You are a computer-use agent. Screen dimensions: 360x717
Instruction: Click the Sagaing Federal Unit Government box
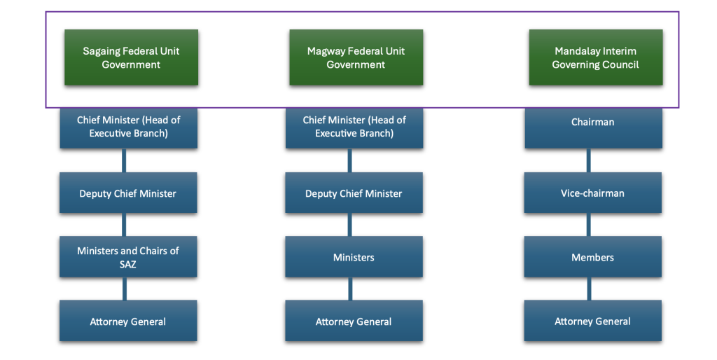(x=131, y=57)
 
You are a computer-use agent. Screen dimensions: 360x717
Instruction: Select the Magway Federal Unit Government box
(x=356, y=57)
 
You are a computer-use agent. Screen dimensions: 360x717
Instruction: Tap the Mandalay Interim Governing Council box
(x=595, y=57)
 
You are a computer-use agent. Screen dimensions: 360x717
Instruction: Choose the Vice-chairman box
(x=592, y=193)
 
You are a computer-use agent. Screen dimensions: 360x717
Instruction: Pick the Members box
(x=592, y=257)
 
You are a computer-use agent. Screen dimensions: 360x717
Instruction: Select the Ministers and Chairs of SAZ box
(x=128, y=257)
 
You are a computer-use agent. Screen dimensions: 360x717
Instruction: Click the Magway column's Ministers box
(x=354, y=257)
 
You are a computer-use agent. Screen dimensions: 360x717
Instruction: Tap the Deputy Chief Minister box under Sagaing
(x=128, y=193)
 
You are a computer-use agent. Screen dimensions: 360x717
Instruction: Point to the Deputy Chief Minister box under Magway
(x=354, y=193)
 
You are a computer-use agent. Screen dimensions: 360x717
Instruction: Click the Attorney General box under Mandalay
(x=592, y=321)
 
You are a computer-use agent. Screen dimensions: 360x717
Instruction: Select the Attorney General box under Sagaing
(x=128, y=321)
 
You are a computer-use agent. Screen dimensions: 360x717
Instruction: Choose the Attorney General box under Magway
(x=354, y=321)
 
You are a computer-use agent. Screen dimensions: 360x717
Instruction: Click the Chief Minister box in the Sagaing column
(x=128, y=127)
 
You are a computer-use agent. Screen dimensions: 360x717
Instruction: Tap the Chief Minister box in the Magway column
(x=354, y=127)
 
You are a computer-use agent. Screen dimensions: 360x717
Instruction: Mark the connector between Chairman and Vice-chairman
(x=588, y=160)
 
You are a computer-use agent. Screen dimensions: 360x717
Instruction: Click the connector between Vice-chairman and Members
(x=588, y=225)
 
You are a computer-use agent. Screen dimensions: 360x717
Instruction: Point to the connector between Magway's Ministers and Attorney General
(x=350, y=289)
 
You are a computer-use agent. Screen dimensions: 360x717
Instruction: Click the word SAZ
(x=128, y=264)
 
